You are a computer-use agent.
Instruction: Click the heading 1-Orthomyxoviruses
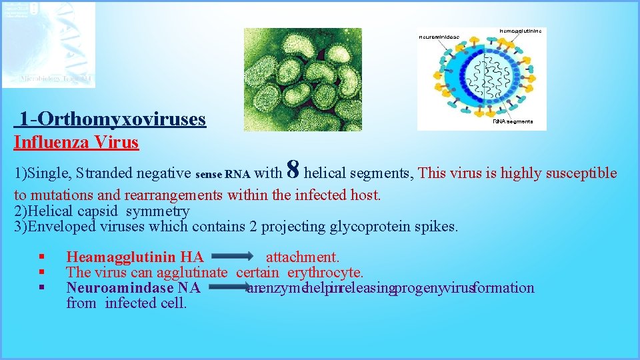tap(112, 119)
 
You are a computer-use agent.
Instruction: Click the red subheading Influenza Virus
tap(77, 142)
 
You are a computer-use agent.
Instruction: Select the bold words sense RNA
tap(223, 175)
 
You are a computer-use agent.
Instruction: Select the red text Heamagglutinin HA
tap(135, 257)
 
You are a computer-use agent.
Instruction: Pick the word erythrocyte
tap(325, 272)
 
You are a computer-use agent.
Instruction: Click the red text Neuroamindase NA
tap(133, 288)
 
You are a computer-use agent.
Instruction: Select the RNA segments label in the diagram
tap(513, 121)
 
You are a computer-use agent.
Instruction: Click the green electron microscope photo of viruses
tap(302, 79)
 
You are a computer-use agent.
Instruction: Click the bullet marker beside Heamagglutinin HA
tap(41, 257)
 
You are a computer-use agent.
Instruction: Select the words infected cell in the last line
tap(146, 303)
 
